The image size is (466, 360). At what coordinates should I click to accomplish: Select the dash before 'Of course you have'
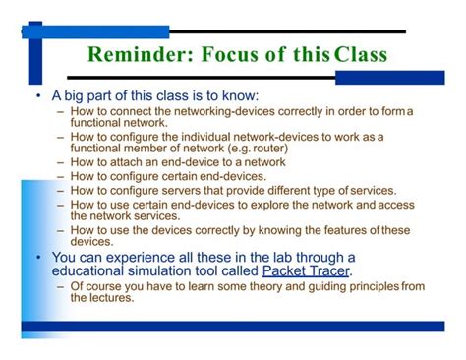[x=61, y=286]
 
